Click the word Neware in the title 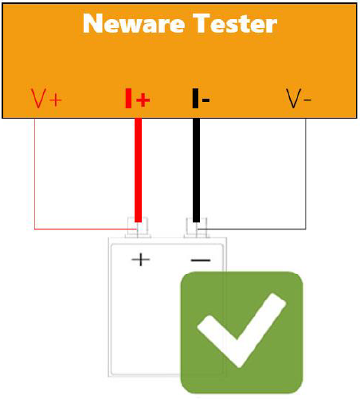click(134, 23)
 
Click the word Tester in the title click(235, 23)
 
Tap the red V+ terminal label click(46, 99)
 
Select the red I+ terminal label click(138, 99)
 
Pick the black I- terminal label click(201, 99)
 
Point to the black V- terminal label click(299, 99)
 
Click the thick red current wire click(138, 170)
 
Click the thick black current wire click(196, 170)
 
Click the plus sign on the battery click(141, 260)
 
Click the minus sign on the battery click(201, 260)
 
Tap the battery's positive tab click(138, 228)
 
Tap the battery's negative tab click(197, 228)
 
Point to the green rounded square click(241, 332)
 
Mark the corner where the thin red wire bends click(35, 229)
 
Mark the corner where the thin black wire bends click(306, 229)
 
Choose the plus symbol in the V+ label click(56, 100)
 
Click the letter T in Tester click(202, 23)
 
